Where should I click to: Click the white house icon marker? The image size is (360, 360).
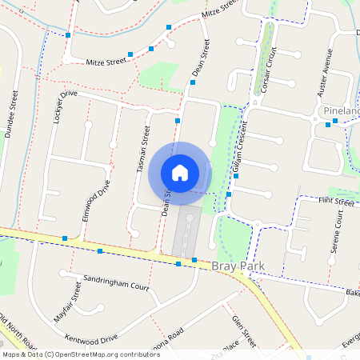coord(180,172)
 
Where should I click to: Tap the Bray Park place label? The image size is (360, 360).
coord(239,265)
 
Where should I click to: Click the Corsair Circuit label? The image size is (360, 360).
coord(269,72)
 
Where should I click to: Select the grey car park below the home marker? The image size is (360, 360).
coord(186,233)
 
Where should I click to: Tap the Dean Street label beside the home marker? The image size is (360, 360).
coord(167,203)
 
